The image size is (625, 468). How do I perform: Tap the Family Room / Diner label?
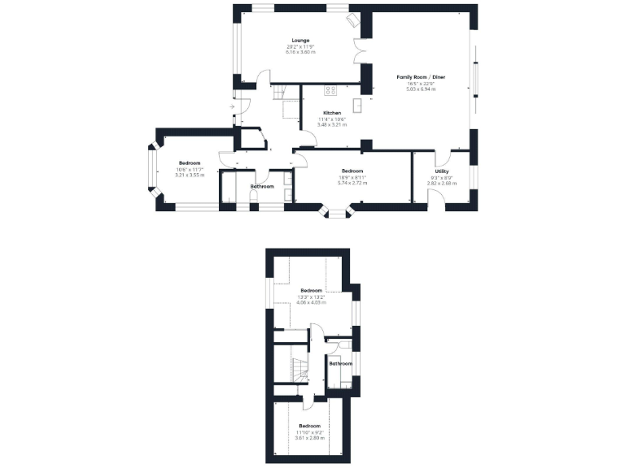421,77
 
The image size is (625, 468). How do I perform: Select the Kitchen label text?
331,113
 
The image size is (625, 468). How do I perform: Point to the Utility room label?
442,171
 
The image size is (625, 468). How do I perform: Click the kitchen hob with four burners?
330,90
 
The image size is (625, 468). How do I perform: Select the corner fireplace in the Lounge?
353,19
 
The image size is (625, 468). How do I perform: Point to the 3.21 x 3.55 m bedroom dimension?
190,175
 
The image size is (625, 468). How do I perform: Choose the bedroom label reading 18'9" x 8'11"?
352,177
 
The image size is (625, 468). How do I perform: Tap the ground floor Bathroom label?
262,187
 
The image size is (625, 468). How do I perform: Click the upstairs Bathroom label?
340,363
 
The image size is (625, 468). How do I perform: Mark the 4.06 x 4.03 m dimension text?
311,302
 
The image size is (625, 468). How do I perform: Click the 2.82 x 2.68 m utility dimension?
442,183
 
